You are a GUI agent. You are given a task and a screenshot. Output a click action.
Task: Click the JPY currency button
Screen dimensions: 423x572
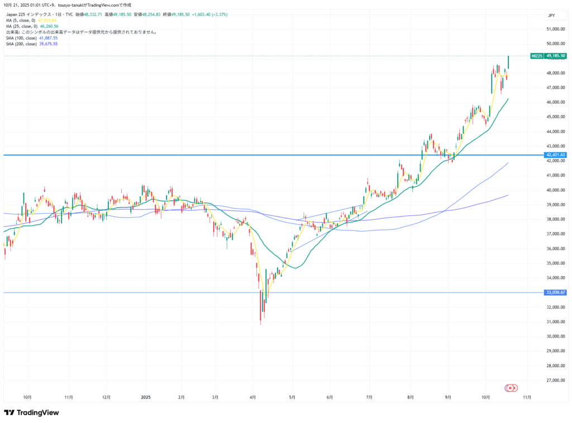coord(550,16)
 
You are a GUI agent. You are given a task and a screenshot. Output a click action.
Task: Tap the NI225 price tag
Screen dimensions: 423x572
coord(537,56)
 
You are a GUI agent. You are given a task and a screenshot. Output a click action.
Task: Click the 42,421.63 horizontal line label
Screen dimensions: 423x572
coord(555,155)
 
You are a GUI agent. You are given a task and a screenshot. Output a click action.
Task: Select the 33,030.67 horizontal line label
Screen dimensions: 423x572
coord(555,292)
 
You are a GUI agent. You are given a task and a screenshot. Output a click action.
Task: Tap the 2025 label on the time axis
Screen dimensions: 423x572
coord(145,397)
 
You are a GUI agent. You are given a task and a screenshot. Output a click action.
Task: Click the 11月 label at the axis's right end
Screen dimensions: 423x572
coord(526,397)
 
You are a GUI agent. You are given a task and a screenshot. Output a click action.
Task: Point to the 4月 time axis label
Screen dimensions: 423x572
coord(253,397)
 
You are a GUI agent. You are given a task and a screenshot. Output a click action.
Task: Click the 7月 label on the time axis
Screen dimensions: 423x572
coord(369,397)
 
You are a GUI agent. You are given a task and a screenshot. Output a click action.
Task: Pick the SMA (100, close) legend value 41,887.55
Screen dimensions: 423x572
coord(47,37)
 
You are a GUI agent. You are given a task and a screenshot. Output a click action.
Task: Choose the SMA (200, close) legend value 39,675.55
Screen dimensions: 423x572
coord(47,44)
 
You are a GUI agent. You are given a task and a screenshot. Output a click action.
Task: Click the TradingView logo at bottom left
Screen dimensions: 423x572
coord(31,412)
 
